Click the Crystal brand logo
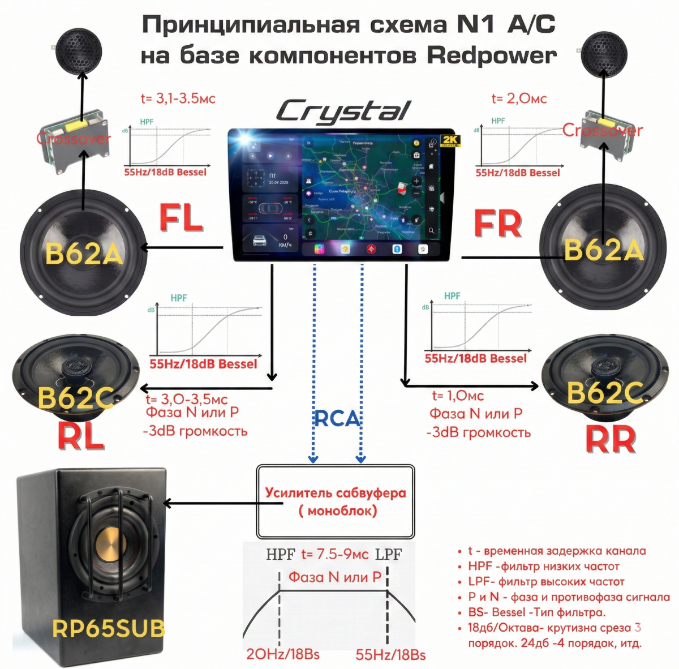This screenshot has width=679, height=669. click(343, 111)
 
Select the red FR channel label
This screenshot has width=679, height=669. click(497, 224)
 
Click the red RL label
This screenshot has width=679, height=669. click(81, 436)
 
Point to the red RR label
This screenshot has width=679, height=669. click(611, 439)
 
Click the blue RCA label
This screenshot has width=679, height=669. click(337, 418)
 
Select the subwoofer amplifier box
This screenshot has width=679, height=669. click(336, 501)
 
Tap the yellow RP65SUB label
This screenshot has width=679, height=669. click(109, 628)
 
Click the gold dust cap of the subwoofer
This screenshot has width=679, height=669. click(111, 546)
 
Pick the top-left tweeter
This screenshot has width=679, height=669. click(79, 50)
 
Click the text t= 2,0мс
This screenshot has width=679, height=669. click(519, 98)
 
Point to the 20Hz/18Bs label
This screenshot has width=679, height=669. click(283, 654)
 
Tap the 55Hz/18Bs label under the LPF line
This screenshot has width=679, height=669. click(390, 655)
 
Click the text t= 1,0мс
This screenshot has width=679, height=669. click(458, 396)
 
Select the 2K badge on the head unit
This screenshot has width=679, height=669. click(451, 141)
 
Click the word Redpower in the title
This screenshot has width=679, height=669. click(492, 55)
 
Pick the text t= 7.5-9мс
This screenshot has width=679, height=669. click(335, 554)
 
